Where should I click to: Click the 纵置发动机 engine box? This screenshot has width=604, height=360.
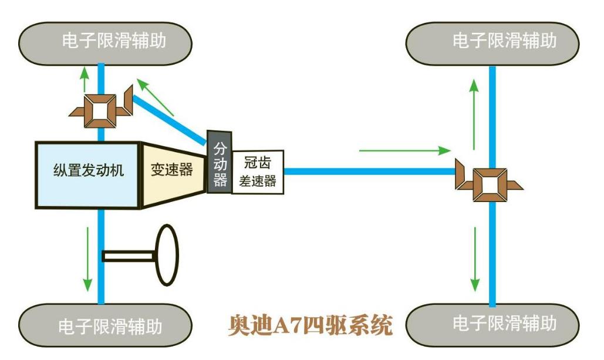(88, 174)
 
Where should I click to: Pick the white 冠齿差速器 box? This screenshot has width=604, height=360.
(258, 171)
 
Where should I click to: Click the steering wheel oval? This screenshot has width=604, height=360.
(166, 255)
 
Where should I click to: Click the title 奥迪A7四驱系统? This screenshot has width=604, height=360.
(310, 324)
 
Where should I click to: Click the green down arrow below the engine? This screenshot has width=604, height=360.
(87, 258)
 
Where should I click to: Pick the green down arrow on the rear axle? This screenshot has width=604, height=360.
(474, 258)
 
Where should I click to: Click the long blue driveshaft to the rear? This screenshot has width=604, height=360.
(370, 171)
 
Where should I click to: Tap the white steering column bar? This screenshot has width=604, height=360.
(129, 256)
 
